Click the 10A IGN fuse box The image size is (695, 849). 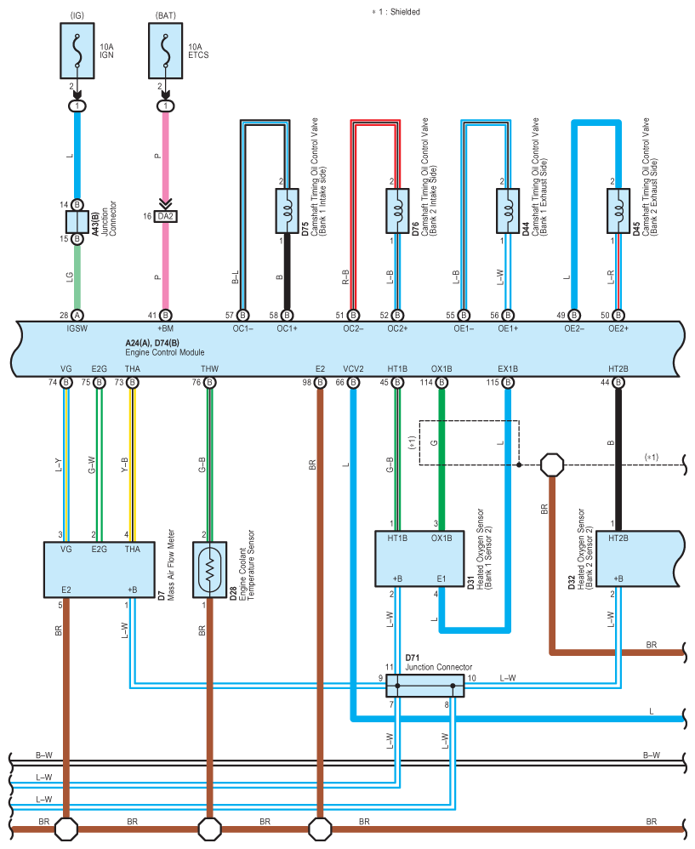(77, 51)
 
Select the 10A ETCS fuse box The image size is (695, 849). (166, 51)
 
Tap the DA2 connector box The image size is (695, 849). (166, 217)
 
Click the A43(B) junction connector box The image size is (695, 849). (77, 222)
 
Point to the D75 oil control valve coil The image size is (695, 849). (287, 211)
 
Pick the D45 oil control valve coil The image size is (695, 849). (618, 211)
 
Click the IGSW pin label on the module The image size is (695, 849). (77, 328)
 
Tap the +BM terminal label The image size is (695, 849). (166, 328)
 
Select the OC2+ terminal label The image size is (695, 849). (397, 328)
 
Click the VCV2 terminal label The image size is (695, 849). (353, 369)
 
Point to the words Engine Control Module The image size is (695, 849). (165, 352)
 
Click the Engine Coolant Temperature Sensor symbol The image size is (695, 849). (210, 570)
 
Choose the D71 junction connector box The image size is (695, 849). (425, 686)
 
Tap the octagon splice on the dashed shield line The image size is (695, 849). (552, 464)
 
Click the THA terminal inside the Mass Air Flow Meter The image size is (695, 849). (133, 550)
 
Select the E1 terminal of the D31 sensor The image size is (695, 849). (441, 578)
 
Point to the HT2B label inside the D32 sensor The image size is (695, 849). (618, 538)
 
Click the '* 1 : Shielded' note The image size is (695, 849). (396, 12)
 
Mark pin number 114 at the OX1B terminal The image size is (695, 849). (426, 383)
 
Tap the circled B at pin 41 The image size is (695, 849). (166, 315)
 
